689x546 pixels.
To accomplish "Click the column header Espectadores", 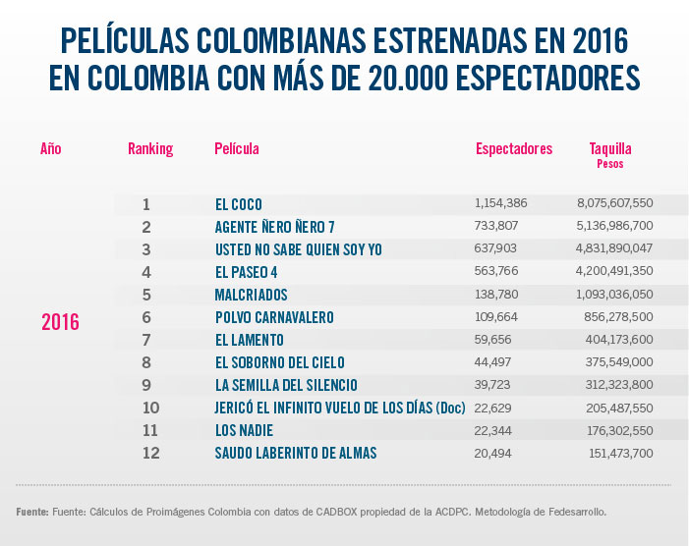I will [513, 149].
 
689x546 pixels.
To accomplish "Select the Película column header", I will [237, 149].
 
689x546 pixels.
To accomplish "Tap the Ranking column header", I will [150, 149].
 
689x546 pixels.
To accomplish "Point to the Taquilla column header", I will [610, 149].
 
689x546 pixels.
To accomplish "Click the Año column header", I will [51, 149].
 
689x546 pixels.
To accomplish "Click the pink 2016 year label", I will [60, 322].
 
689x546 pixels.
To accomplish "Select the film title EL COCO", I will [238, 204].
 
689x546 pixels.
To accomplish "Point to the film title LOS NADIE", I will [244, 430].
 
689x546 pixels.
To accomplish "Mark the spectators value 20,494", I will [494, 453].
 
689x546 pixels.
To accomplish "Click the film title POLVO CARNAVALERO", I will [274, 317].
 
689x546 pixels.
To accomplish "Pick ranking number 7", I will [145, 340].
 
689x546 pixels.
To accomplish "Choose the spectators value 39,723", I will [494, 385].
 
